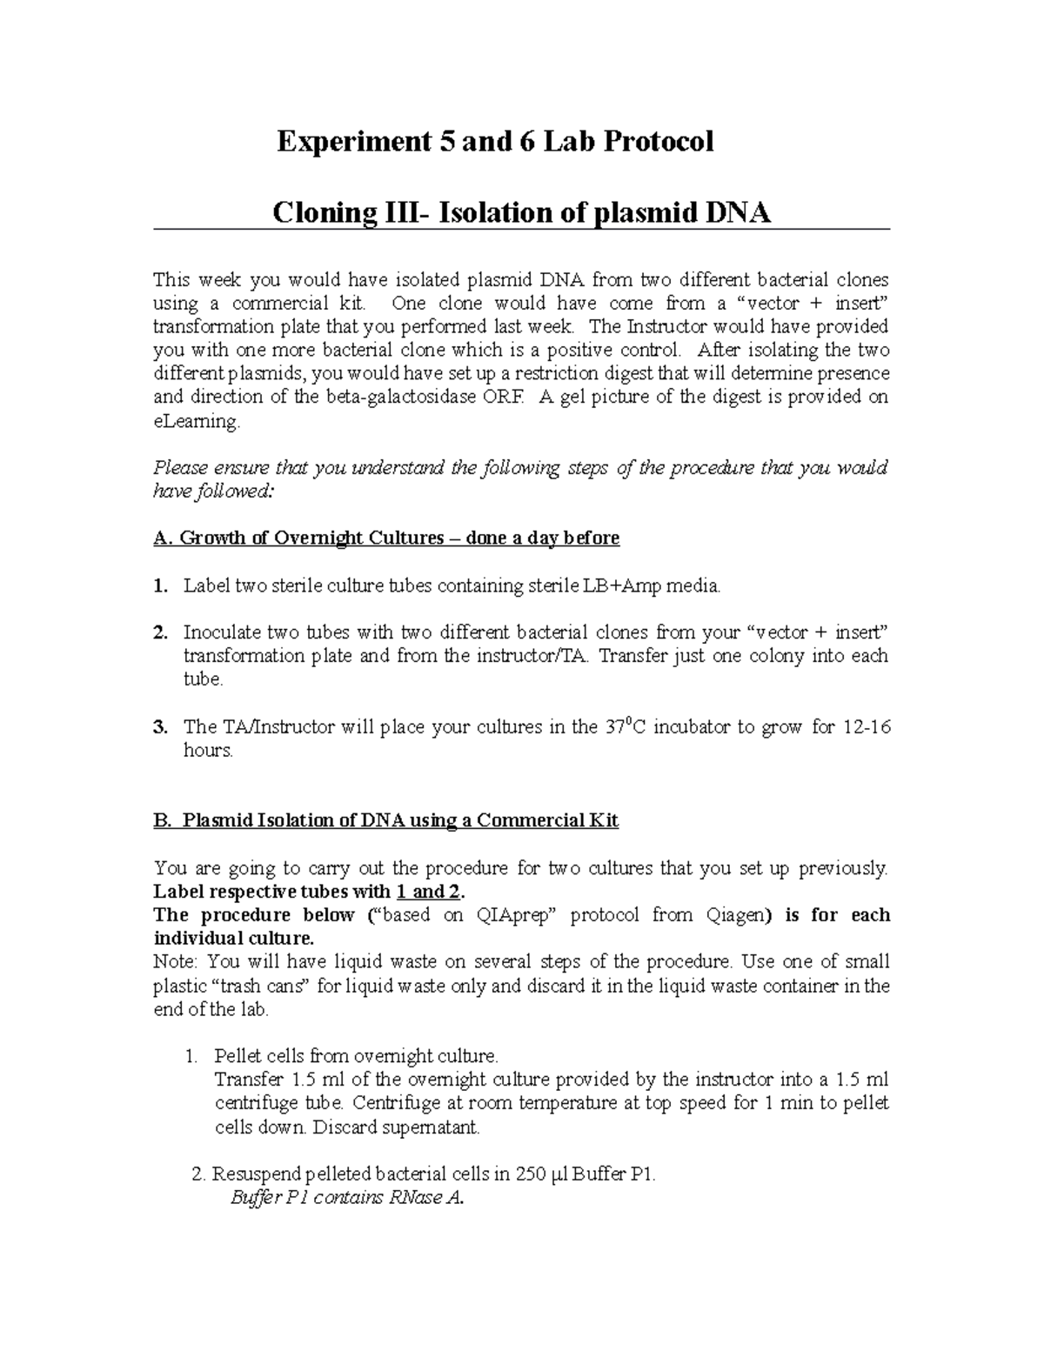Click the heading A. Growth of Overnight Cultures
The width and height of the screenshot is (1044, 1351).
click(386, 538)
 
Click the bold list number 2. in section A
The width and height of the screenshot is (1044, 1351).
click(160, 633)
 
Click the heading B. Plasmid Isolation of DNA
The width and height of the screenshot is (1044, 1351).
click(386, 820)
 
